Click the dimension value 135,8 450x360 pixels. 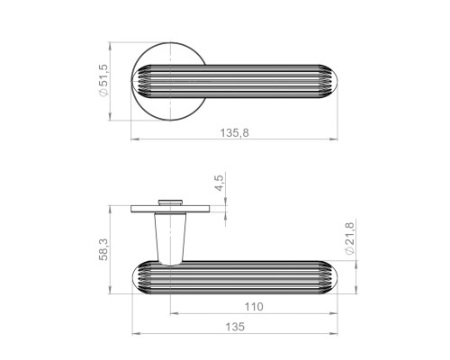click(235, 132)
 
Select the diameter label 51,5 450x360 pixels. click(103, 76)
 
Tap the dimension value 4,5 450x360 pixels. click(220, 183)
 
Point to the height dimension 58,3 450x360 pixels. click(103, 249)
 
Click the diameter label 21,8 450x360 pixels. click(350, 234)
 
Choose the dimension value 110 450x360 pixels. click(254, 307)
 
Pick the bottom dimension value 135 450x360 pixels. click(235, 327)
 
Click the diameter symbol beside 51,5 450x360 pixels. click(103, 93)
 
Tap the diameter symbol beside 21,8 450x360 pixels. click(350, 250)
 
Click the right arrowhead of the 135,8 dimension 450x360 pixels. click(334, 139)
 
